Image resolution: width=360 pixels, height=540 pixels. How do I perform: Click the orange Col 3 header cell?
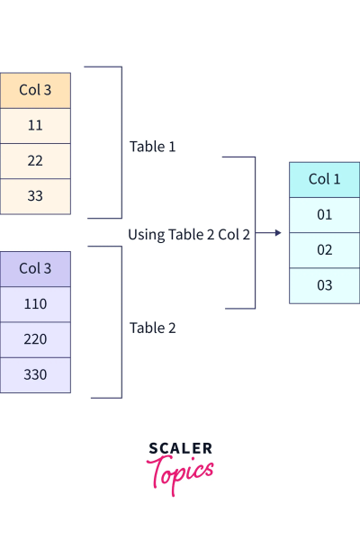(35, 90)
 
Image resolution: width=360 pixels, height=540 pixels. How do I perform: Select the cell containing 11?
(35, 125)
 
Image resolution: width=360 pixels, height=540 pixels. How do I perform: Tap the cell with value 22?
(35, 160)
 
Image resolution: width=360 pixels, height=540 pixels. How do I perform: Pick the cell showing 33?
(35, 195)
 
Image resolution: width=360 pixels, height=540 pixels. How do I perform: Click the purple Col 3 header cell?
(35, 268)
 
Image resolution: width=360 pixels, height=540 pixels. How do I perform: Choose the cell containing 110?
(35, 304)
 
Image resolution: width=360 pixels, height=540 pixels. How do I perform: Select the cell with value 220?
(35, 340)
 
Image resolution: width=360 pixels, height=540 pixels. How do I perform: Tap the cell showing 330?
(35, 375)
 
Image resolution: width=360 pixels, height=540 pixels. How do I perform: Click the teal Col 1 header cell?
(324, 179)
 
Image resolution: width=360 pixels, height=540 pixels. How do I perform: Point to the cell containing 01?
(324, 214)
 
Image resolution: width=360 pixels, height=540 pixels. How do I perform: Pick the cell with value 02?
(324, 249)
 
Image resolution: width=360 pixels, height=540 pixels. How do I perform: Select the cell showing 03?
(324, 285)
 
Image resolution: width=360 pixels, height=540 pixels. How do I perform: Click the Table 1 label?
(153, 146)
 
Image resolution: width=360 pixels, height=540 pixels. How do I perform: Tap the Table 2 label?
(153, 328)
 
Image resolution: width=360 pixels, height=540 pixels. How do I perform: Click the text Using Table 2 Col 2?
(189, 234)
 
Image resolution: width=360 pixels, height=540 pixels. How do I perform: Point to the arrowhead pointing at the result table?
(277, 233)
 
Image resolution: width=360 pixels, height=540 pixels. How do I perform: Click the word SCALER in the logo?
(180, 448)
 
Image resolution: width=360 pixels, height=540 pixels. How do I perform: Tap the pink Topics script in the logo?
(180, 472)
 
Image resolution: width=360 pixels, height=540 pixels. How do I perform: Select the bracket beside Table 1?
(120, 142)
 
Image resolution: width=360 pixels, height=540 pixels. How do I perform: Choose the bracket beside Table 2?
(120, 322)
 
